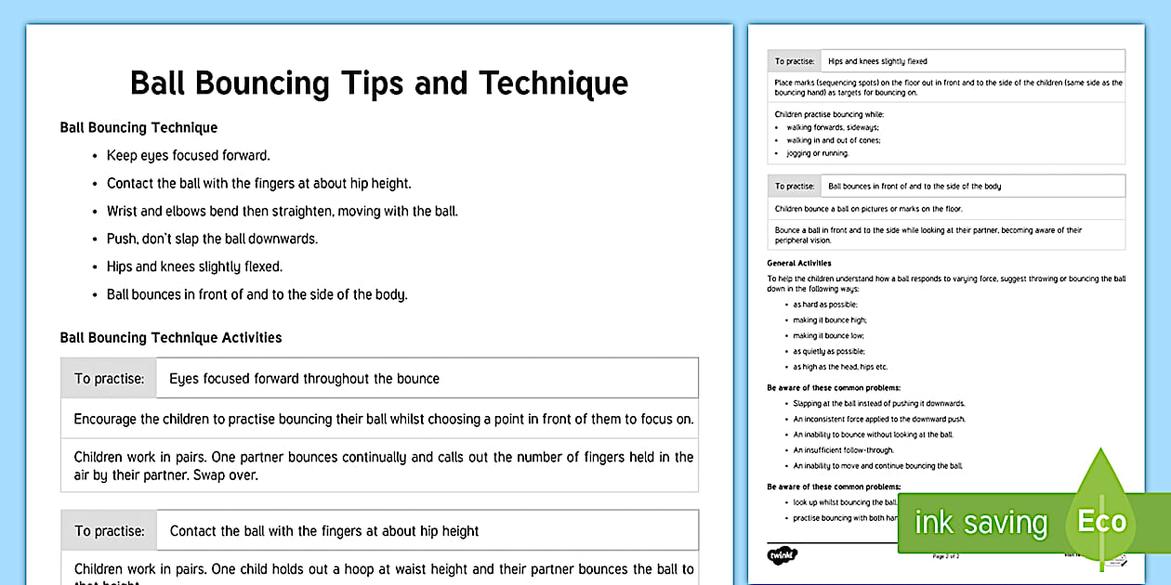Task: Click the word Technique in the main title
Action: (x=553, y=83)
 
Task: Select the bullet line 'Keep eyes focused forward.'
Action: (x=188, y=156)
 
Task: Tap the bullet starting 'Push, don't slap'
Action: (x=212, y=239)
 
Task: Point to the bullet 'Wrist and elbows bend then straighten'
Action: (x=282, y=211)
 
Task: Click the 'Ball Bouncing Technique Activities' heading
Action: (x=171, y=338)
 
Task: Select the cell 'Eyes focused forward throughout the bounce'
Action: (x=304, y=379)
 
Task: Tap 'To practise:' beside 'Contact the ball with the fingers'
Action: (x=110, y=532)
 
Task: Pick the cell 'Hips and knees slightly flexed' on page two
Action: (x=877, y=61)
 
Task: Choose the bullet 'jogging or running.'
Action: (x=805, y=153)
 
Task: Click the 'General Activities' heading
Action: (x=799, y=263)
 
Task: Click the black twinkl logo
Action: (x=783, y=555)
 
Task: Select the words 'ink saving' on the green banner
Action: (x=980, y=523)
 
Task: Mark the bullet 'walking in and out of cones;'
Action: (x=834, y=140)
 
